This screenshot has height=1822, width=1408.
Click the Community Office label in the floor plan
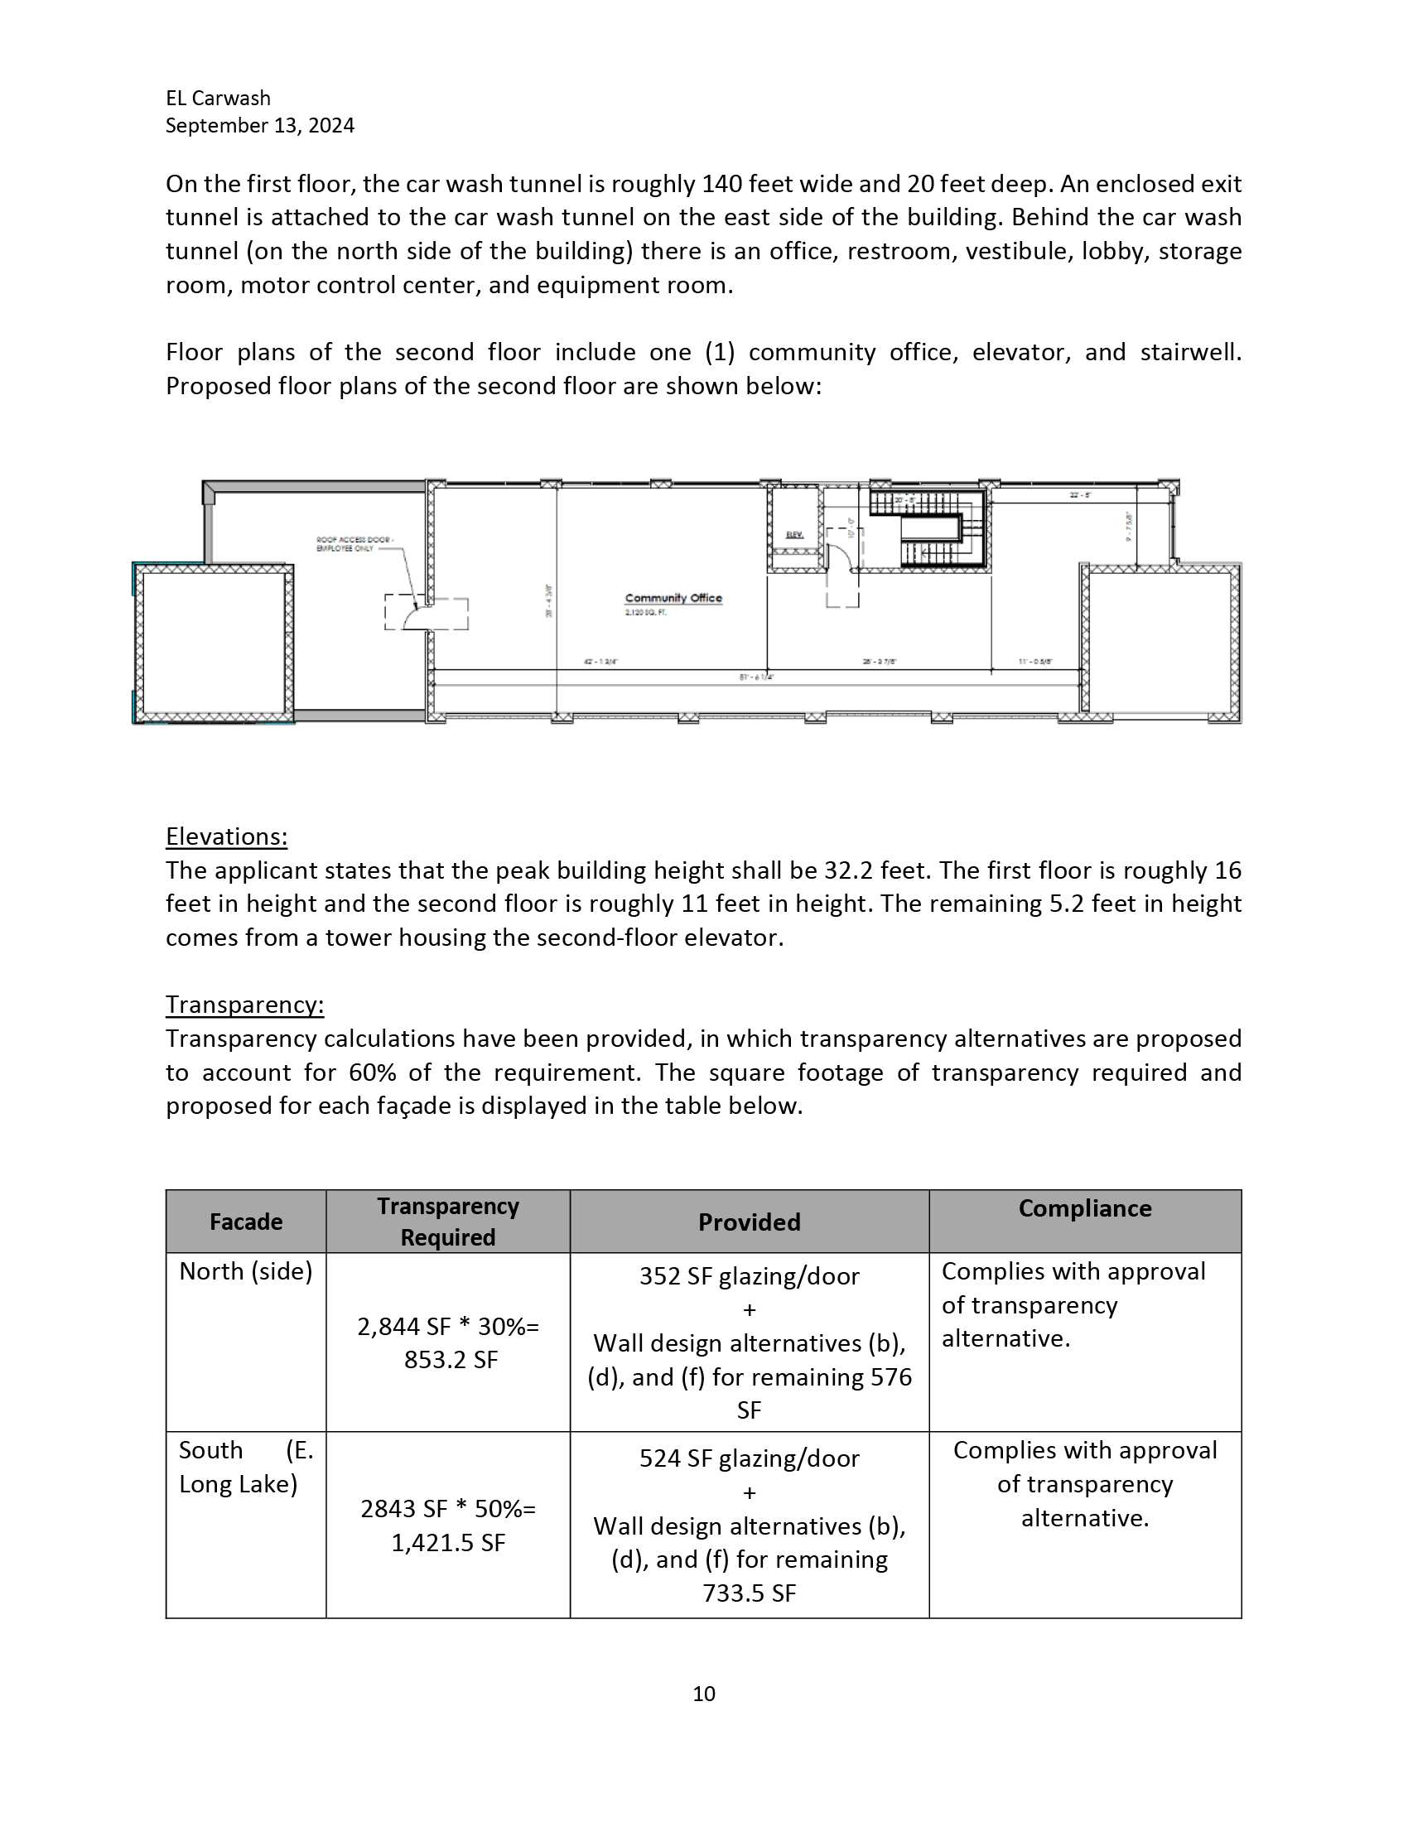pos(673,598)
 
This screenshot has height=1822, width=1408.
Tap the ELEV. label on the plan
pos(794,535)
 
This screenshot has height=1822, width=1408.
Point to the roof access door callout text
pos(354,544)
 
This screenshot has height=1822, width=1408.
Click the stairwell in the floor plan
pos(928,528)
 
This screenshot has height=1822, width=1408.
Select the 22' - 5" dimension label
pos(1080,495)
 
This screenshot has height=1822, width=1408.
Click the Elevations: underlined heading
pos(226,836)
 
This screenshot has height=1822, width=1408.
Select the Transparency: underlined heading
pos(244,1005)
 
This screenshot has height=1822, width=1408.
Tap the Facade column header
pos(245,1222)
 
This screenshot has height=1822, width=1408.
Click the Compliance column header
pos(1084,1209)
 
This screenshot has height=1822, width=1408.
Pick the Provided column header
pos(749,1222)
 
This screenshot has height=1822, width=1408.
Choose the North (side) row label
pos(245,1271)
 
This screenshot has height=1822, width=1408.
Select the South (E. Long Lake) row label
pos(245,1468)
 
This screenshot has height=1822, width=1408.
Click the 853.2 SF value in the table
pos(451,1360)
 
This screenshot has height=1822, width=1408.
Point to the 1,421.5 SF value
pos(449,1543)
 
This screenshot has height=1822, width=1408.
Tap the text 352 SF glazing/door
pos(749,1276)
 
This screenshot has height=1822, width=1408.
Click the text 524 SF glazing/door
pos(749,1458)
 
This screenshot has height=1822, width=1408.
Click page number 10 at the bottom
pos(704,1694)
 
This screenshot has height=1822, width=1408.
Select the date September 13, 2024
pos(259,125)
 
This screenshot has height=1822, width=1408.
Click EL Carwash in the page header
pos(218,99)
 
